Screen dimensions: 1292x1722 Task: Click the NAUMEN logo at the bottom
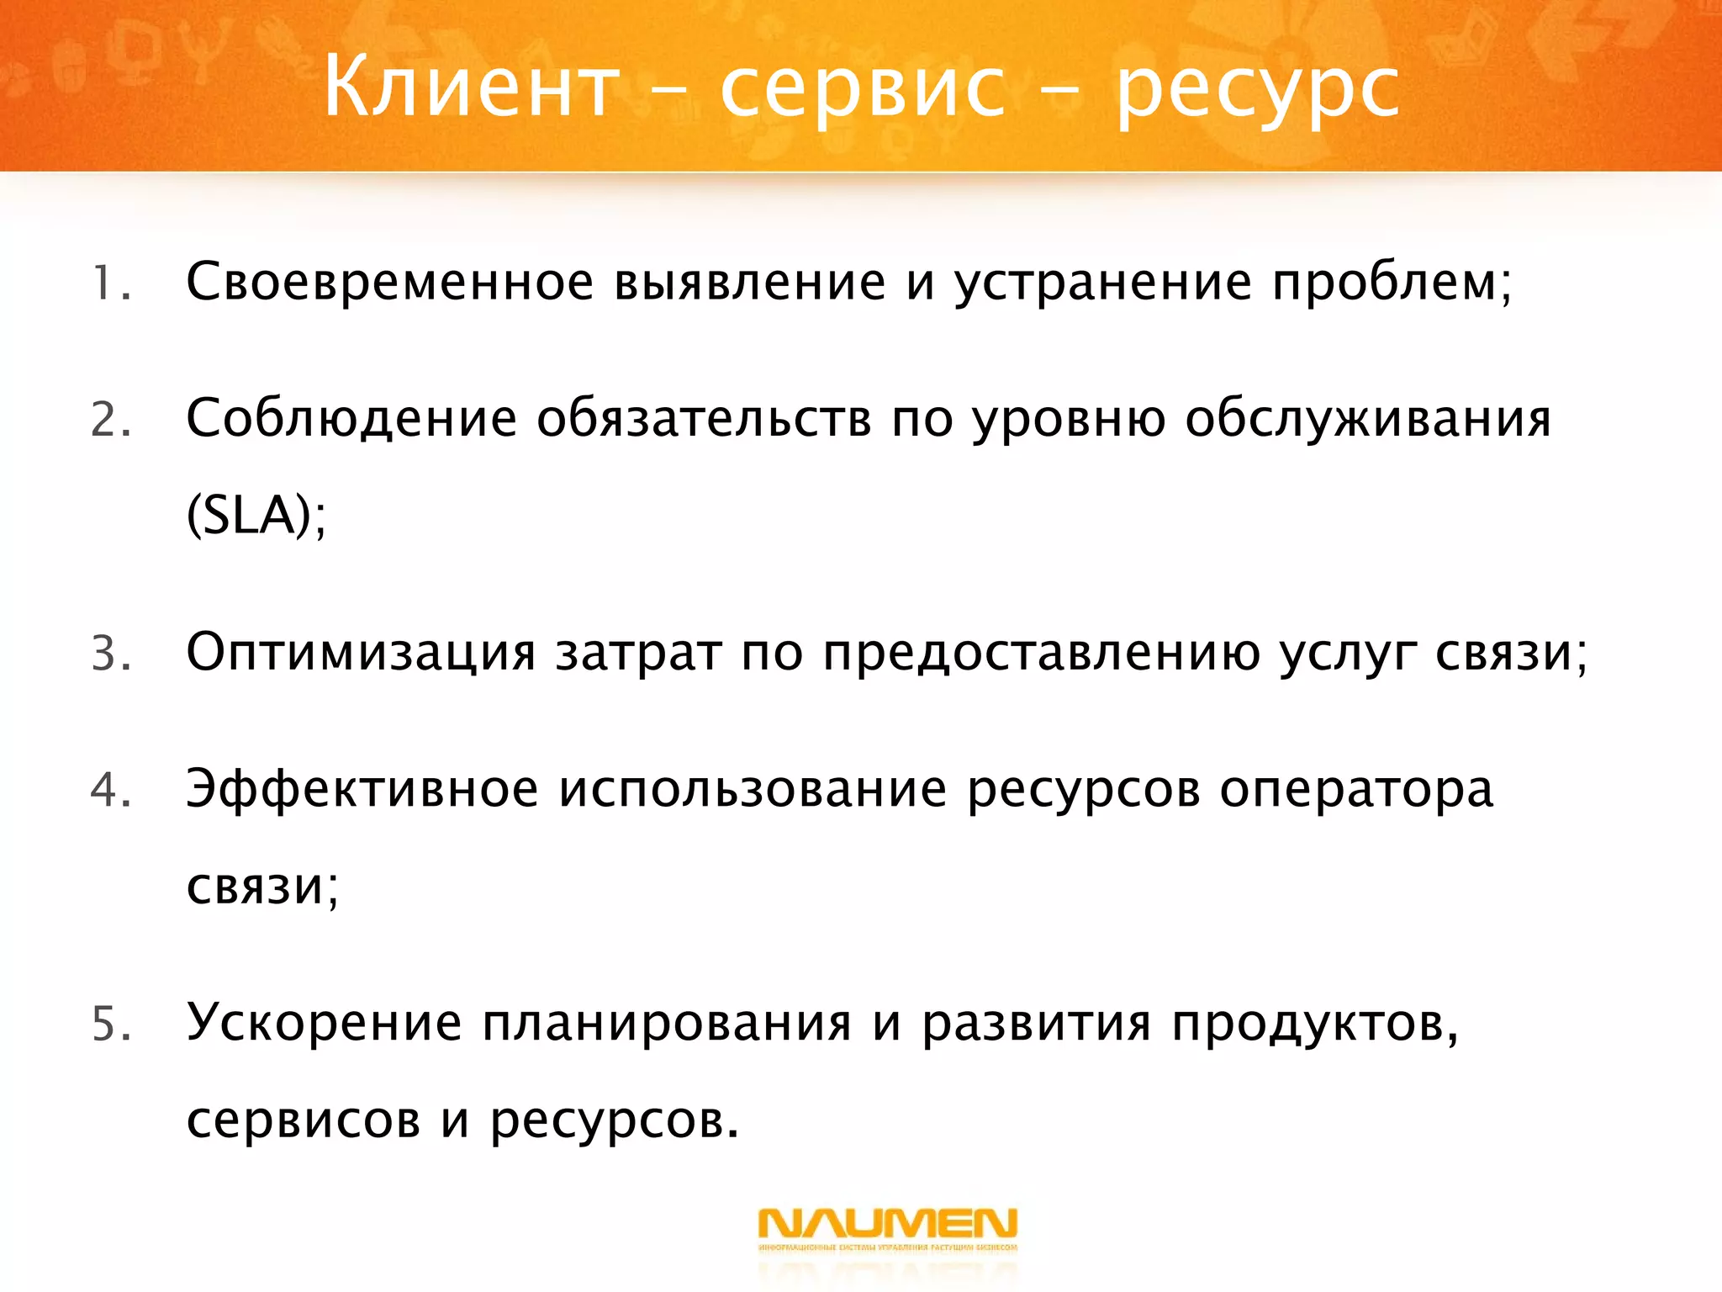(888, 1229)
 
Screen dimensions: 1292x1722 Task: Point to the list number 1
(108, 283)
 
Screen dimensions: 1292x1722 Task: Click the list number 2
(109, 420)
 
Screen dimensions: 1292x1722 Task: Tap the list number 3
(109, 654)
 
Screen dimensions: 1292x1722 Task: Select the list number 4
(109, 791)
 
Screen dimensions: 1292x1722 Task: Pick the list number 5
(109, 1025)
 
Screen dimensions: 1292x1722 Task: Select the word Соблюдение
(351, 420)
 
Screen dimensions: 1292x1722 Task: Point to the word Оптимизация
(361, 654)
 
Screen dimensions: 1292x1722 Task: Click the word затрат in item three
(638, 654)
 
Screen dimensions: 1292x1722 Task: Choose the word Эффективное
(362, 791)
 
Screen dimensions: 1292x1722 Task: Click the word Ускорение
(324, 1025)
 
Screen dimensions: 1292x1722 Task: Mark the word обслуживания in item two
(1367, 420)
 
